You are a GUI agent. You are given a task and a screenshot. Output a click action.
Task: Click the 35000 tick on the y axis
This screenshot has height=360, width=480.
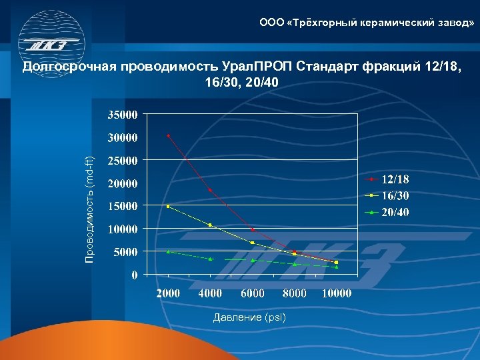point(122,115)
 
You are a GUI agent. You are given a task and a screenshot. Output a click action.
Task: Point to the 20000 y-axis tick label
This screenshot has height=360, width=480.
point(122,183)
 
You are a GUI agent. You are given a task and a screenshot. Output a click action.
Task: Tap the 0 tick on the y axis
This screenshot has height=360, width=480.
point(134,274)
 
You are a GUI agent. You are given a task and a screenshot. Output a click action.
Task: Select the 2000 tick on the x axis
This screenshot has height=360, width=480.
point(168,293)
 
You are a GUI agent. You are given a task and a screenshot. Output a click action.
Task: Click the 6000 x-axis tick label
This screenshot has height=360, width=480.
point(252,293)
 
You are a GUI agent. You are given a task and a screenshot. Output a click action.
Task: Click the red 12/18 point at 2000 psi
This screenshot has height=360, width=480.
point(168,135)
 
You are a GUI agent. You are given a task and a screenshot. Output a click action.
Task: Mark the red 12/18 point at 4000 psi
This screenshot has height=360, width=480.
point(210,190)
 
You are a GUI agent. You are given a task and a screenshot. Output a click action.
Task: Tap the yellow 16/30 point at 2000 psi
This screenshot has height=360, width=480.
point(168,207)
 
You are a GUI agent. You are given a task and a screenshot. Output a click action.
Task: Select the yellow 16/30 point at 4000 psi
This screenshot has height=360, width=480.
point(210,225)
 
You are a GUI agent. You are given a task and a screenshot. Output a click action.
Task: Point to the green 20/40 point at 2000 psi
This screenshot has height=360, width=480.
point(168,251)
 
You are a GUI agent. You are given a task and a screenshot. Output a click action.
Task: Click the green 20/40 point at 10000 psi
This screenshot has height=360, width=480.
point(336,267)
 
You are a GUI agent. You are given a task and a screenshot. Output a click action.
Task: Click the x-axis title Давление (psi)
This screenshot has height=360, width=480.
point(249,317)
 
